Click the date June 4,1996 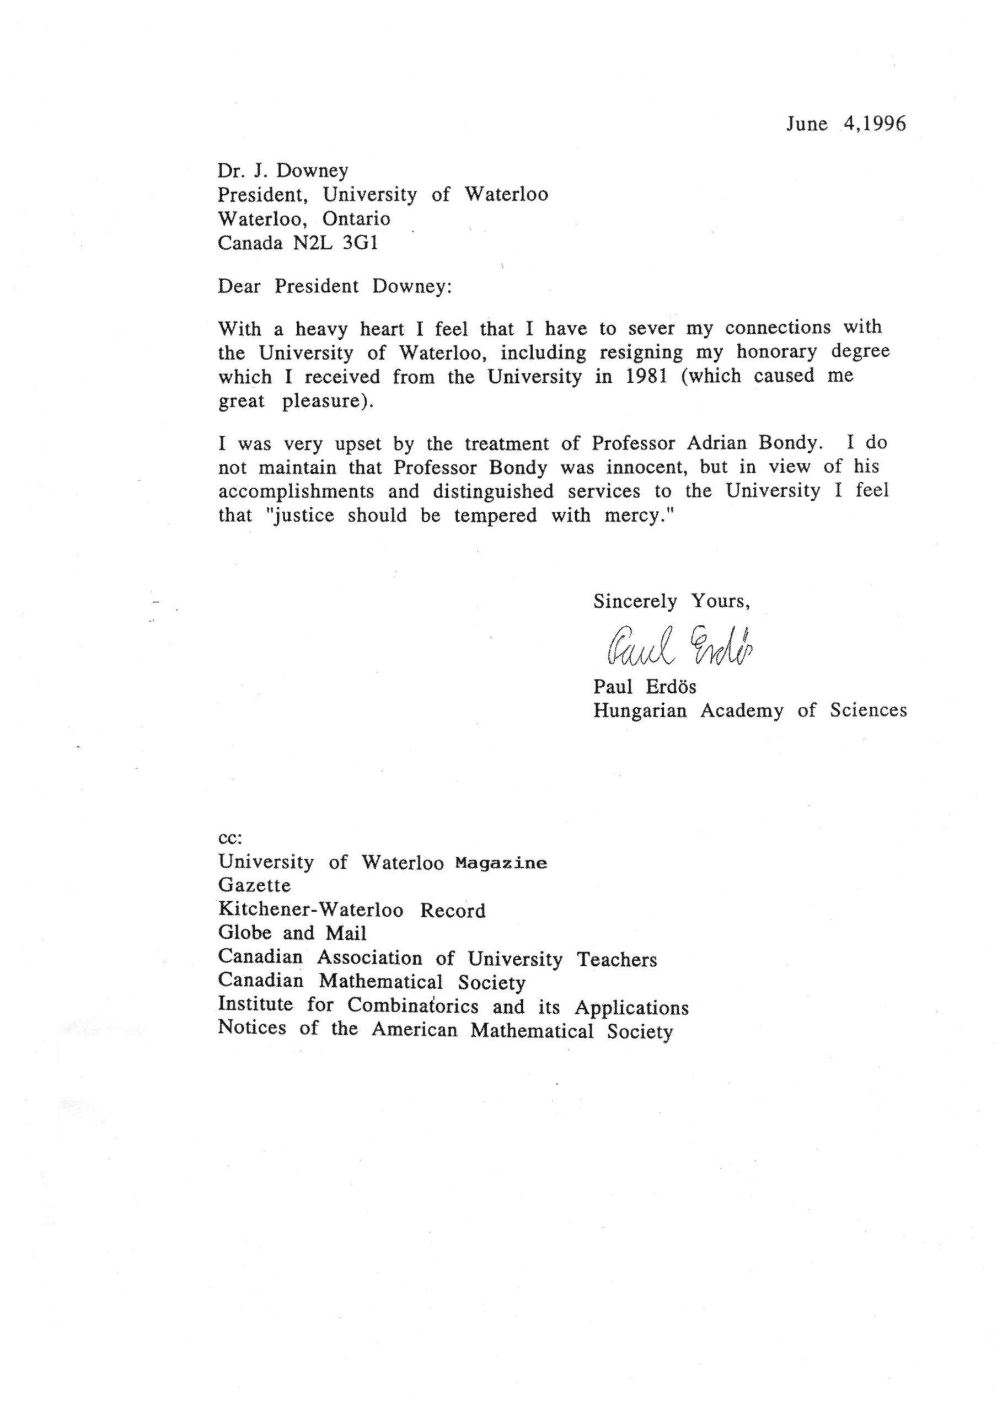[x=845, y=124]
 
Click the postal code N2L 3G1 [x=335, y=243]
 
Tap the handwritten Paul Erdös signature [x=676, y=645]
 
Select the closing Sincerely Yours [x=672, y=601]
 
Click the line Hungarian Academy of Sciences [x=750, y=710]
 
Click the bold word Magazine [x=501, y=863]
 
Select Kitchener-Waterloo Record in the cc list [x=351, y=911]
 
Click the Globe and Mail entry [x=292, y=933]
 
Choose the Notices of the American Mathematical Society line [x=445, y=1030]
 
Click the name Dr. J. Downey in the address [x=282, y=170]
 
